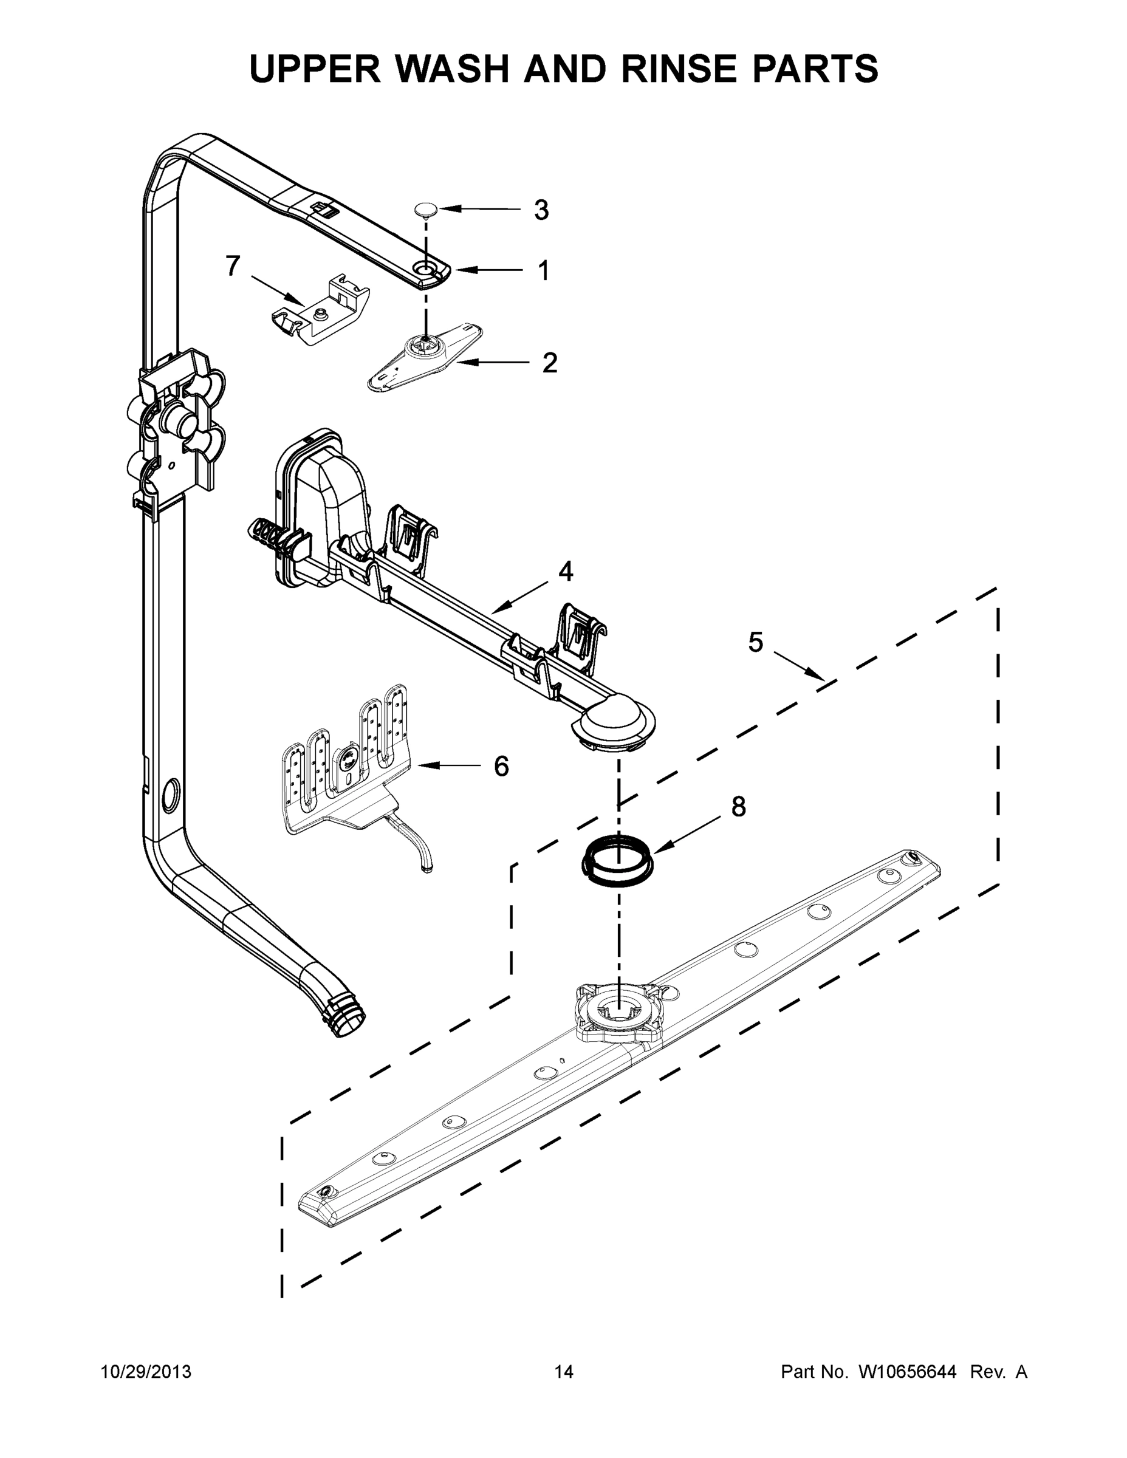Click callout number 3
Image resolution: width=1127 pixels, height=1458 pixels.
pos(541,210)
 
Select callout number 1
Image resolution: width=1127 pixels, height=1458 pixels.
pos(544,271)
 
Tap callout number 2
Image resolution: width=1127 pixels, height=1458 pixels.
pos(549,363)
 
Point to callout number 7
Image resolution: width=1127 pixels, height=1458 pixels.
pos(232,265)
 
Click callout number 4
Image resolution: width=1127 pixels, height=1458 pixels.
pos(566,572)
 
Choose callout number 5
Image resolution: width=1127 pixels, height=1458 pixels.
pos(755,642)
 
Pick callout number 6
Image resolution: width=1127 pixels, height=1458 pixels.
pos(501,767)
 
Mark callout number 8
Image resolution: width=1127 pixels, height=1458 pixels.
pos(738,807)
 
